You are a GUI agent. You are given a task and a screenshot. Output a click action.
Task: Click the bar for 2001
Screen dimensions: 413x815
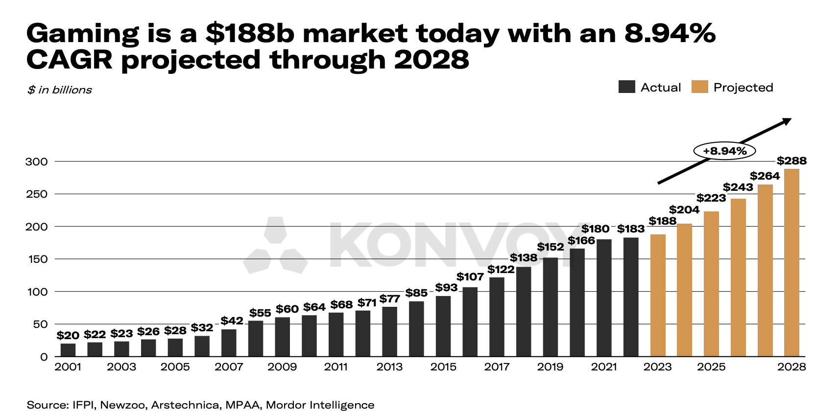click(68, 350)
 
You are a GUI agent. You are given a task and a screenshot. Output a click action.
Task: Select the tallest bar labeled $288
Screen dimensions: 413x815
click(791, 263)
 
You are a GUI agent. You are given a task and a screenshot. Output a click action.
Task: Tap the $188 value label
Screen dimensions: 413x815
click(662, 221)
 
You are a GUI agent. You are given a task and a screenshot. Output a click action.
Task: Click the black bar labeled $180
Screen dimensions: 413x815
click(604, 298)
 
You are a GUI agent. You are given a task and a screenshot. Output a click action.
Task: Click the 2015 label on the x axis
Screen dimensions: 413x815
click(443, 367)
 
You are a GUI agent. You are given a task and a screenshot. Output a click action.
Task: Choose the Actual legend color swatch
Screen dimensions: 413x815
click(626, 87)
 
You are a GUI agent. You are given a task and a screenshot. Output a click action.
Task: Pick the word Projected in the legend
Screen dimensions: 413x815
click(743, 88)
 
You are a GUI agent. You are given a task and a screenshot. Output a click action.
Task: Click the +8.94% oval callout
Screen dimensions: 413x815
click(724, 151)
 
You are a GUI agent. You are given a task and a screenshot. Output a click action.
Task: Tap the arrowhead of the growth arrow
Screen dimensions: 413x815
click(787, 121)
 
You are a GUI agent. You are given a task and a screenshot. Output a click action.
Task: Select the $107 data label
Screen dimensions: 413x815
click(470, 277)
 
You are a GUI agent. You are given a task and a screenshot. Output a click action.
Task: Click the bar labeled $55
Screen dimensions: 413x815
click(256, 338)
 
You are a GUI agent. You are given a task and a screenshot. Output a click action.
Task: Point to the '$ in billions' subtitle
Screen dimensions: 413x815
click(59, 90)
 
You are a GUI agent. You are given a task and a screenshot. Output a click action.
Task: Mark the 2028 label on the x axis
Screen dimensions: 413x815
click(791, 367)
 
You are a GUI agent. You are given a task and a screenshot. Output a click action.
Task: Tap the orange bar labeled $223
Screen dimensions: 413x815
click(711, 284)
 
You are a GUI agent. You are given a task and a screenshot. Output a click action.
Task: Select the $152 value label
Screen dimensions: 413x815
click(551, 247)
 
